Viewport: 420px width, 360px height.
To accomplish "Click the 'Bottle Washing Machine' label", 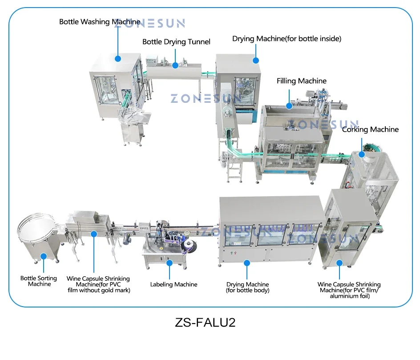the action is coord(100,22).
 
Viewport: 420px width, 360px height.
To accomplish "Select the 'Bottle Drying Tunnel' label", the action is coord(176,42).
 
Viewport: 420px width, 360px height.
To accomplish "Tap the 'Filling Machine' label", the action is coord(301,81).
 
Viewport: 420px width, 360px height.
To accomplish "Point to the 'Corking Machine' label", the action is coord(370,129).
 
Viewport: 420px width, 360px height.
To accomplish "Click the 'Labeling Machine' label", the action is coord(174,284).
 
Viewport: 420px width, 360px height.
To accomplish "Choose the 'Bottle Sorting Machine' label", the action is coord(39,281).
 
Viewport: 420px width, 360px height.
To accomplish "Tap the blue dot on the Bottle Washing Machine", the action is coord(118,58).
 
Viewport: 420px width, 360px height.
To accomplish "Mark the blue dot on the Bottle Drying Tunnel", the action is coord(175,65).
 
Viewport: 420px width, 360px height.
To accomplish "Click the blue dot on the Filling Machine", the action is coord(289,105).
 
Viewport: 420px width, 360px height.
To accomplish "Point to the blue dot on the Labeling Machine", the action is coord(170,263).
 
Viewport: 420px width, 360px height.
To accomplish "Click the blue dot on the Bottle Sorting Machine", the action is coord(43,256).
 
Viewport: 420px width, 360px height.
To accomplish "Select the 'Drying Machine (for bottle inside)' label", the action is coord(287,39).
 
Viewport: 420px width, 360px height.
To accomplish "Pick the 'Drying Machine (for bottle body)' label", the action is coord(247,287).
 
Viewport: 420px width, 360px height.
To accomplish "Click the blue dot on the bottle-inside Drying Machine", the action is coord(256,60).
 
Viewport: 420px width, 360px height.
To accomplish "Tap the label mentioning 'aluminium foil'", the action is coord(349,290).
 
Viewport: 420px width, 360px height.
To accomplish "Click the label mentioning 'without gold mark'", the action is coord(99,284).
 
